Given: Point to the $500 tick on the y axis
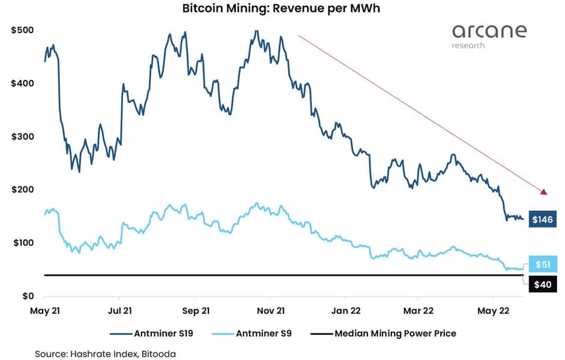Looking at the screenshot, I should pyautogui.click(x=22, y=30).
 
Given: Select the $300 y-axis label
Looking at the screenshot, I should pyautogui.click(x=22, y=136).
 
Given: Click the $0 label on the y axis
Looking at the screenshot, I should pyautogui.click(x=28, y=296).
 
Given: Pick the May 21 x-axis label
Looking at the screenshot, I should pyautogui.click(x=44, y=311).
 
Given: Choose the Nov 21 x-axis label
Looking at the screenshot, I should pyautogui.click(x=270, y=311).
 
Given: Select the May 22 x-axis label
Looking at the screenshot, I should pyautogui.click(x=493, y=311).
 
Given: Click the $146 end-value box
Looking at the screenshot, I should pyautogui.click(x=543, y=220).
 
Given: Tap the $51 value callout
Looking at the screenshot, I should pyautogui.click(x=543, y=264).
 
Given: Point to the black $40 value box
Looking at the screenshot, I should pyautogui.click(x=543, y=284).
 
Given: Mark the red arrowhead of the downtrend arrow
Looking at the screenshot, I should pyautogui.click(x=545, y=192).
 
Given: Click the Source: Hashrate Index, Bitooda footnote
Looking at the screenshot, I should pyautogui.click(x=103, y=354).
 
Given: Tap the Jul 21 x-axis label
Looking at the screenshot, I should pyautogui.click(x=119, y=311).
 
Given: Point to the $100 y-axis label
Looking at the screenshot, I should pyautogui.click(x=22, y=242).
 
